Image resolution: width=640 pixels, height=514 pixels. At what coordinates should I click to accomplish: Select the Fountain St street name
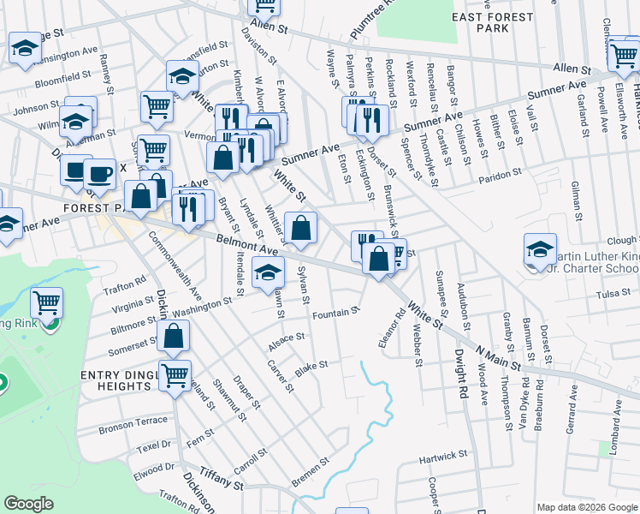click(x=335, y=313)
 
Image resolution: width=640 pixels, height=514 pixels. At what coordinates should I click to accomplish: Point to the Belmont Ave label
click(x=248, y=246)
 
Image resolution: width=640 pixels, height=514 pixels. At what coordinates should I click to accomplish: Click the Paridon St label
click(x=500, y=174)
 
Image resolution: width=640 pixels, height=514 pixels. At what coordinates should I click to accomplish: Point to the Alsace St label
click(x=287, y=339)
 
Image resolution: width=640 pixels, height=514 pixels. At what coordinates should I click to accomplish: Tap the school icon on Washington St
click(x=269, y=275)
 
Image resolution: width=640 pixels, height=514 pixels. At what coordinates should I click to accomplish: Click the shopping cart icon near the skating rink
click(x=46, y=302)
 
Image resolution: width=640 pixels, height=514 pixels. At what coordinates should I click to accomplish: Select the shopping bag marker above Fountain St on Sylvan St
click(x=301, y=228)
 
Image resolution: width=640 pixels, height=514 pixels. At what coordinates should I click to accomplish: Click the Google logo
click(x=28, y=504)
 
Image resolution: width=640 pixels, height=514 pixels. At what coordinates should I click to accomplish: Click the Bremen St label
click(x=311, y=469)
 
